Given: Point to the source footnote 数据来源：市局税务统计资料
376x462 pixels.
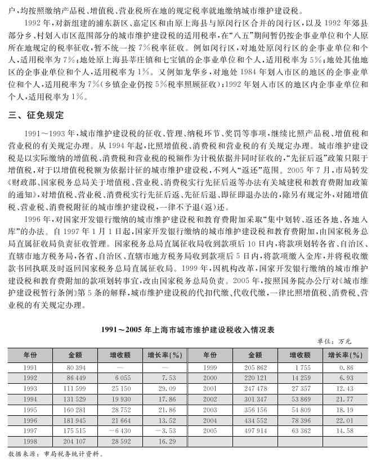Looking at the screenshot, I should click(x=55, y=453).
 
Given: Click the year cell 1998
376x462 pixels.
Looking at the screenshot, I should click(x=30, y=442).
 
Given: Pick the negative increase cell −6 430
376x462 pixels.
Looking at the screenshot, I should click(x=119, y=431).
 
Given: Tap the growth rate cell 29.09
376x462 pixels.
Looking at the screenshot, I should click(x=165, y=388).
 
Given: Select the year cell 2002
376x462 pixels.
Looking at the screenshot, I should click(x=210, y=399).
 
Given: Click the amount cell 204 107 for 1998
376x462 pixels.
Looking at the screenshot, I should click(x=75, y=442).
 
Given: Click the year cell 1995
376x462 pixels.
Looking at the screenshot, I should click(x=30, y=410).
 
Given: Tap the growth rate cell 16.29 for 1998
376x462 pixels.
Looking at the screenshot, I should click(x=165, y=442).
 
